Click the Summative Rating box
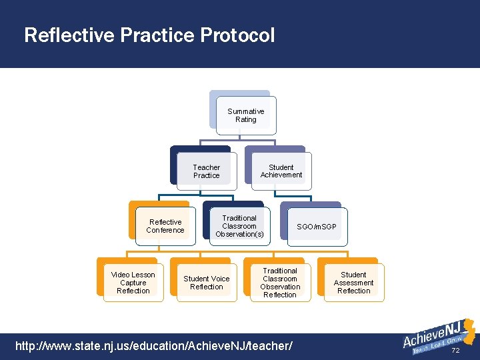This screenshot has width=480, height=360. [x=245, y=115]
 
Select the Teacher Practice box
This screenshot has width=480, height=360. [x=206, y=171]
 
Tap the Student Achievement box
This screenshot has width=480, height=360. [x=281, y=171]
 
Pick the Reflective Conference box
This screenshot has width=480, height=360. [x=165, y=226]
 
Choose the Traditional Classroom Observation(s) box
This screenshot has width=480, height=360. [x=239, y=226]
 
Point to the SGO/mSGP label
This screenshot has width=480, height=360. [x=317, y=227]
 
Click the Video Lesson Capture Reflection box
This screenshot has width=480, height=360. [x=133, y=283]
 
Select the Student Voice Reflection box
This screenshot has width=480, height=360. [x=206, y=283]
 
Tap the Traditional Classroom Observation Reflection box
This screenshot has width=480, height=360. [x=280, y=283]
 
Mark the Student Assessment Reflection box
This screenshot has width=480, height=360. [x=353, y=283]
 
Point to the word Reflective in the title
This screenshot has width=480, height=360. [x=69, y=35]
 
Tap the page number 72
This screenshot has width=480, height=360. [x=456, y=351]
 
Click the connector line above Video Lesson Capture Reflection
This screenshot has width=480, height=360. [x=127, y=253]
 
